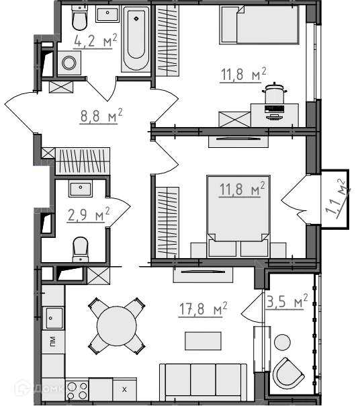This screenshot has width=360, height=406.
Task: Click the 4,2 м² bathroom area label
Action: tap(95, 40)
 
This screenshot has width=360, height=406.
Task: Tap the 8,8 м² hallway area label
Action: tap(101, 116)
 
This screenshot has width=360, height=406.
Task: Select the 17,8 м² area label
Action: tap(203, 309)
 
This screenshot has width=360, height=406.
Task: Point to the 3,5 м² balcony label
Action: tap(287, 301)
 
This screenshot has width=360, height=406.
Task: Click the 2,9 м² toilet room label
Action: tap(88, 214)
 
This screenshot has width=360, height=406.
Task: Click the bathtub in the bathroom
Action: tap(136, 39)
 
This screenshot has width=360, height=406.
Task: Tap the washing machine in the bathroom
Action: tap(69, 63)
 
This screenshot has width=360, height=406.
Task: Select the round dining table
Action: tap(117, 325)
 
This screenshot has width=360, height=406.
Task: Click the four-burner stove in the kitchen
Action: tap(77, 391)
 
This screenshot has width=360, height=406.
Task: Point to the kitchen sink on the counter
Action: tap(54, 318)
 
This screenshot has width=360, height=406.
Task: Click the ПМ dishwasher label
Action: tap(52, 341)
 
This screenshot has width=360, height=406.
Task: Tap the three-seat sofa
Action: tap(203, 382)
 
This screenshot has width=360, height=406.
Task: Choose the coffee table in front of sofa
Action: tap(203, 341)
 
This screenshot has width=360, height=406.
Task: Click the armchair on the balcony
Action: tap(288, 373)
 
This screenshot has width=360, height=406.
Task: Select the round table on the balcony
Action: tap(282, 342)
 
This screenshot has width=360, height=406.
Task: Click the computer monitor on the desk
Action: tap(274, 110)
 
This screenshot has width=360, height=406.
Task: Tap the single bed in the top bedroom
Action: tap(259, 25)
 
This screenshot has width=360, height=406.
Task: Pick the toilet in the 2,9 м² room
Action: tap(81, 249)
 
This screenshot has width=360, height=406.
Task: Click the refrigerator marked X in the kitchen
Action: tap(124, 389)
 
